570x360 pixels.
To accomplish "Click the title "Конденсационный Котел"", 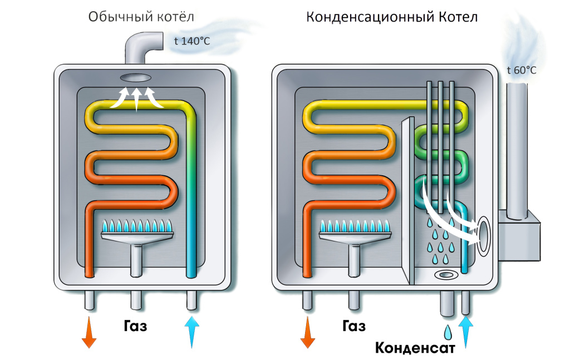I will (392, 17).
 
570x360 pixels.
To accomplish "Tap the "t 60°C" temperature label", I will (522, 70).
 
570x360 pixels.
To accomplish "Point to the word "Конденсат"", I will (415, 348).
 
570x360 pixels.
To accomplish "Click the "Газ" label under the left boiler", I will (136, 326).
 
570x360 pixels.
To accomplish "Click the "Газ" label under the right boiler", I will (354, 326).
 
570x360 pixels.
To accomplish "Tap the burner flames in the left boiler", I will (137, 226).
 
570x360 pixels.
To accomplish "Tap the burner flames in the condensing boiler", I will (355, 226).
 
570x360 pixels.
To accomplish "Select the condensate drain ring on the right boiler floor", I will (446, 274).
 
